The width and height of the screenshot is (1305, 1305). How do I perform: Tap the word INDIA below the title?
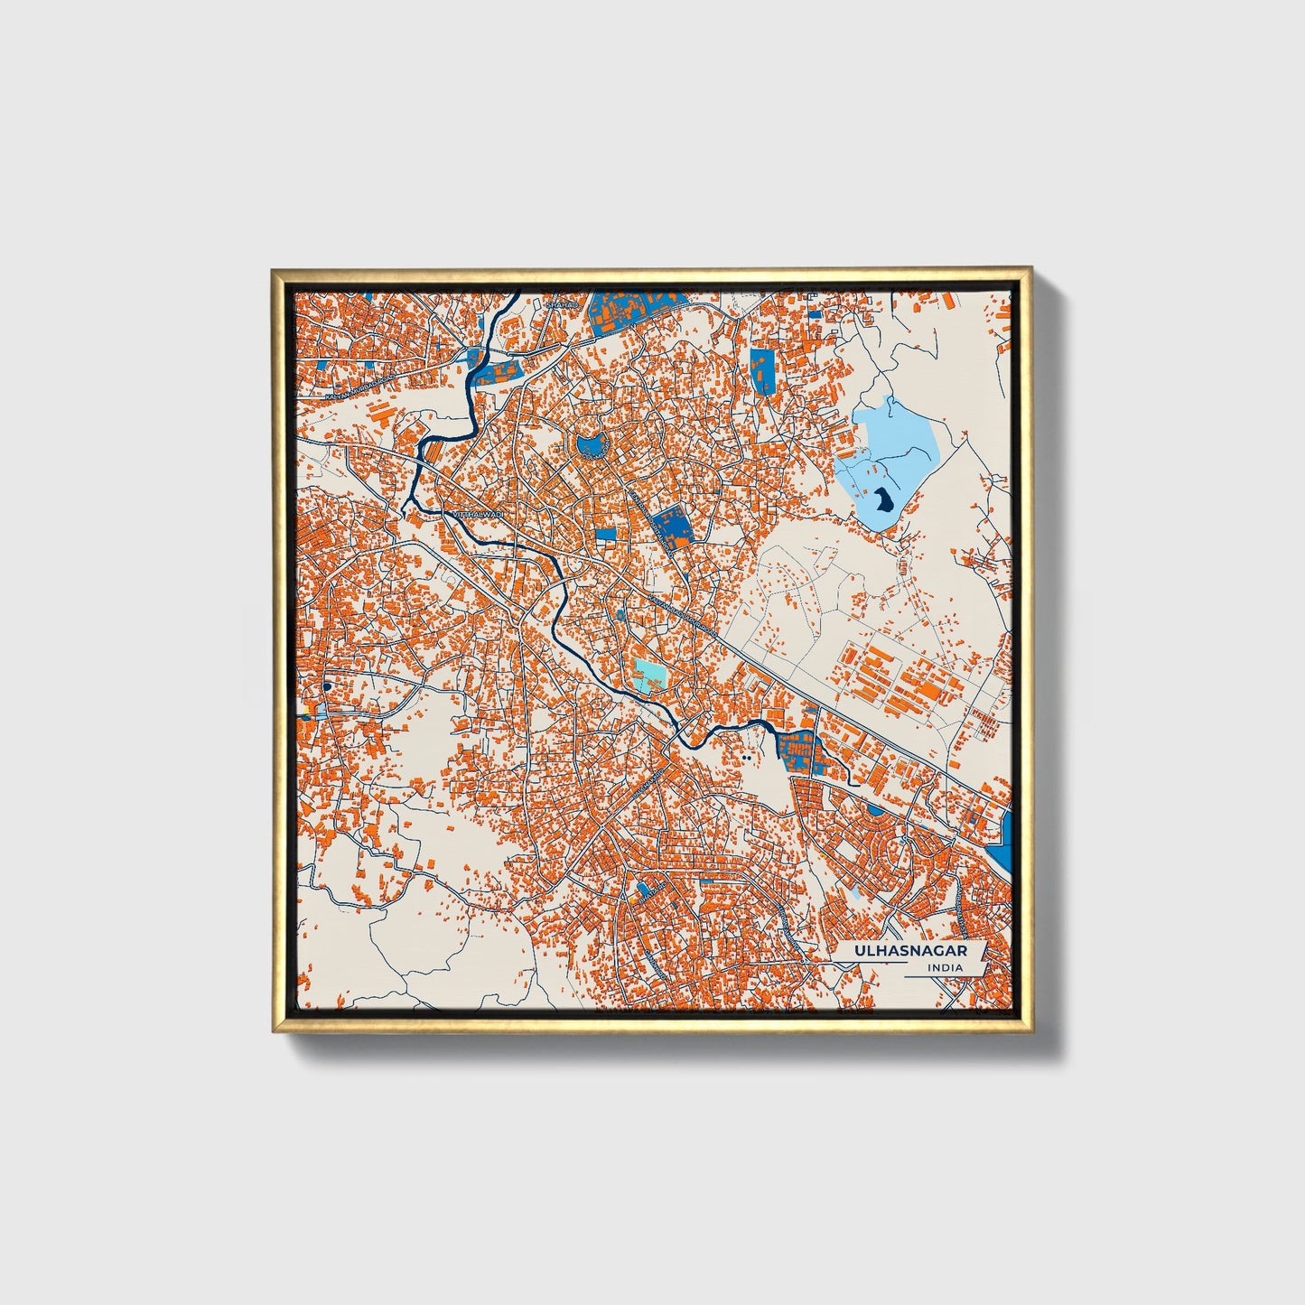coord(945,968)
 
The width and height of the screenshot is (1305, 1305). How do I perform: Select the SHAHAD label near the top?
coord(561,305)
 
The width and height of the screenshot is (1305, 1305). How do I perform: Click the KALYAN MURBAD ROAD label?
coord(361,386)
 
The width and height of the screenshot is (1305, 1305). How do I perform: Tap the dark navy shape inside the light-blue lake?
coord(882,499)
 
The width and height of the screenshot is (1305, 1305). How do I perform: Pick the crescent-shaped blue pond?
coord(592,445)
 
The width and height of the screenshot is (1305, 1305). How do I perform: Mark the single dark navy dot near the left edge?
coord(325,688)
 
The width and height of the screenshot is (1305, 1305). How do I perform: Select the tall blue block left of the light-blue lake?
coord(761,370)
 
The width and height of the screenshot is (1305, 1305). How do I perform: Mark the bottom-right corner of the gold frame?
coord(1030,1032)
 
